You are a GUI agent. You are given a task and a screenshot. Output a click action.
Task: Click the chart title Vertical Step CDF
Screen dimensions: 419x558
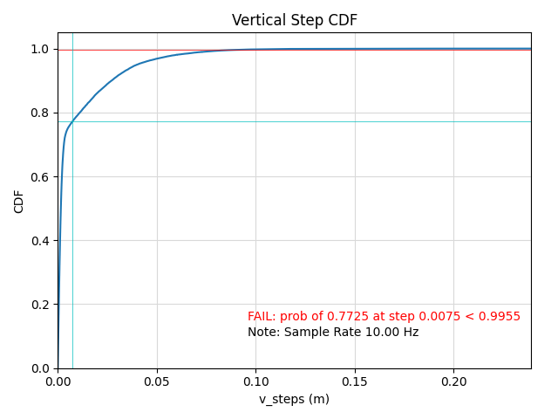coord(295,20)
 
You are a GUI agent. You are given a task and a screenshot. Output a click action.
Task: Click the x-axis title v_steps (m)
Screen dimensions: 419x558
coord(294,399)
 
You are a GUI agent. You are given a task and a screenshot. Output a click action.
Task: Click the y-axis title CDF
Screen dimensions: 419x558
coord(19,201)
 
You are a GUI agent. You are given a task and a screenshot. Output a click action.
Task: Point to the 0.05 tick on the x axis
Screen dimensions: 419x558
coord(157,381)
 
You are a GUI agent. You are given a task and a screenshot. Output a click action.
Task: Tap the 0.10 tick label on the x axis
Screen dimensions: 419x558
coord(255,381)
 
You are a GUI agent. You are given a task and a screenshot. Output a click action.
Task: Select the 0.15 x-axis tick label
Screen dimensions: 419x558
coord(354,381)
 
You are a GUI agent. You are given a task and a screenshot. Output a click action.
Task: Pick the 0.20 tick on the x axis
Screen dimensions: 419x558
coord(453,381)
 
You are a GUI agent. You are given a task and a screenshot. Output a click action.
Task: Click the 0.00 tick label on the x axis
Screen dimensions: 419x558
coord(58,381)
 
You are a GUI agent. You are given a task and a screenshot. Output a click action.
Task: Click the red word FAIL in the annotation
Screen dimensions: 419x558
coord(261,317)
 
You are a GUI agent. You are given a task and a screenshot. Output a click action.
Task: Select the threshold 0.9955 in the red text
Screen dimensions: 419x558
coord(501,317)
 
